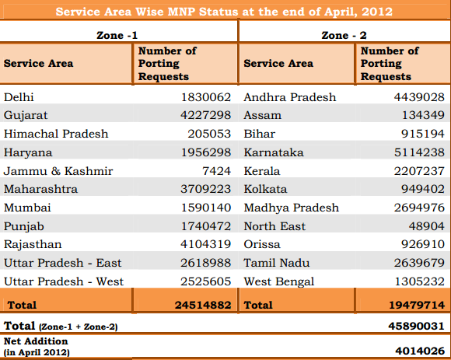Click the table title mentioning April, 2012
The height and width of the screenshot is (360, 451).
point(224,12)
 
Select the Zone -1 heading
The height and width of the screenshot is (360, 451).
point(117,35)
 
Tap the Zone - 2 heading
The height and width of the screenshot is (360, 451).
point(344,35)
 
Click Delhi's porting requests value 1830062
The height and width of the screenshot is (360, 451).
point(206,97)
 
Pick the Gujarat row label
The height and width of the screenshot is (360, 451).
point(26,116)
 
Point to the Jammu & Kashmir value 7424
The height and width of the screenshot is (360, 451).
point(217,171)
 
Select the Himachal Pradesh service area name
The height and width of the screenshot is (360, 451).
point(56,134)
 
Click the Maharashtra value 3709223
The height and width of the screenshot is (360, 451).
point(205,189)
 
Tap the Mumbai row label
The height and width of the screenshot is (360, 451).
point(27,208)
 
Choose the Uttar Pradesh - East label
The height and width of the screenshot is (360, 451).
point(63,263)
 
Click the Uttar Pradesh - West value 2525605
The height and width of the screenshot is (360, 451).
point(205,281)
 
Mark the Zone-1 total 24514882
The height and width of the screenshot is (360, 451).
point(203,305)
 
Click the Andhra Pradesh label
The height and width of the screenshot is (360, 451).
point(290,97)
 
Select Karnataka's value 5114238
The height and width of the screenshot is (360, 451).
point(419,152)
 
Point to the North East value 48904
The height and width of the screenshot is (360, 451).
point(427,226)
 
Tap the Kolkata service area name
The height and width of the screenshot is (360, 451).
point(265,189)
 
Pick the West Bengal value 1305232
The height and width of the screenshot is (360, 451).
point(420,281)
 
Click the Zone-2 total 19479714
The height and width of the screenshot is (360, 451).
point(417,305)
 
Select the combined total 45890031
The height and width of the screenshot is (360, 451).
point(417,326)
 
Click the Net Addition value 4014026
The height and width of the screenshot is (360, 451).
point(420,351)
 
